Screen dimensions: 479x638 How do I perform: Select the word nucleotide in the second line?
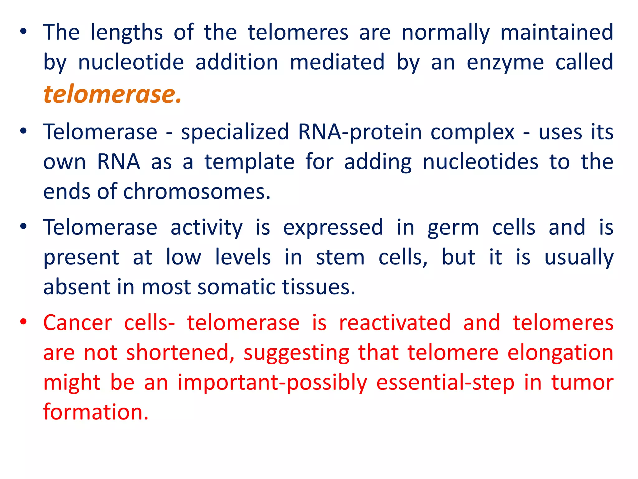(131, 62)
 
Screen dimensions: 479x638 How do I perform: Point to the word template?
(249, 162)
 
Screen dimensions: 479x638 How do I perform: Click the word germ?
(453, 228)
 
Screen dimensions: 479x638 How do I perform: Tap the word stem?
(340, 258)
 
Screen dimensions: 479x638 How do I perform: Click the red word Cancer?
(78, 323)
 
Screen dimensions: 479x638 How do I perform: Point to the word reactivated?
(395, 323)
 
